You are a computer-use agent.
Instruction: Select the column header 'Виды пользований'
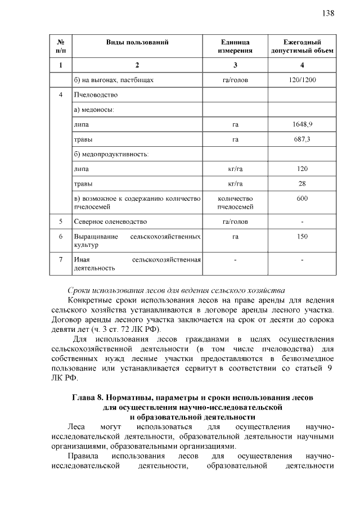[137, 42]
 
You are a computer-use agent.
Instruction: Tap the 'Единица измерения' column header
[235, 47]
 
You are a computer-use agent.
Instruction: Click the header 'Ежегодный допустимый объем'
[302, 47]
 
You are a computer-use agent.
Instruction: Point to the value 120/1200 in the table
[302, 80]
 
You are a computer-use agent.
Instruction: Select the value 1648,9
[302, 124]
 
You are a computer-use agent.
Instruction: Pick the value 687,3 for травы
[302, 138]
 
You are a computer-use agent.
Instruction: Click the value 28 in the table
[302, 183]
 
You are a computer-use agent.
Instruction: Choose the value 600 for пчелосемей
[302, 199]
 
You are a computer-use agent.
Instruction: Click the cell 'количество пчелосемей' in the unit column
[235, 202]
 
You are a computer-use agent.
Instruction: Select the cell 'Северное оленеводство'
[110, 222]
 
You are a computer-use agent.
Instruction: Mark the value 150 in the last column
[302, 237]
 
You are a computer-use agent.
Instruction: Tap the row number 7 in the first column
[60, 259]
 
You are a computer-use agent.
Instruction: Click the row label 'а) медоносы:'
[94, 109]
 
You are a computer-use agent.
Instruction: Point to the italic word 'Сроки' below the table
[79, 290]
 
